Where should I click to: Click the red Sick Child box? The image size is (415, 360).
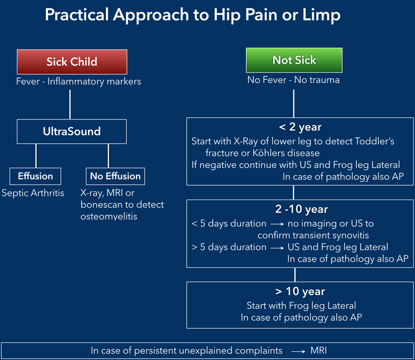(x=71, y=62)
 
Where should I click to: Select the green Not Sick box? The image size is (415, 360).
(x=294, y=60)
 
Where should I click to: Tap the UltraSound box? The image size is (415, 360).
(x=71, y=131)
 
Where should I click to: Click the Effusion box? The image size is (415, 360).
(x=36, y=176)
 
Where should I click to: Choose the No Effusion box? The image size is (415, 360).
(x=115, y=176)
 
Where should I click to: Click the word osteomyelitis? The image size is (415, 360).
(x=109, y=216)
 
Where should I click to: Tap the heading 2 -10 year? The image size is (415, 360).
(x=295, y=209)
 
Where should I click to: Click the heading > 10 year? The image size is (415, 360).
(x=295, y=291)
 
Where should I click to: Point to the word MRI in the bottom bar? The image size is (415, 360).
(x=319, y=351)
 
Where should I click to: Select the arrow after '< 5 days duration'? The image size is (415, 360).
(x=277, y=224)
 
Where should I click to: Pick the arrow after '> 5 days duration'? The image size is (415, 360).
(x=277, y=248)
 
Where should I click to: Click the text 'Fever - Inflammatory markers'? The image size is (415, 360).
(x=78, y=82)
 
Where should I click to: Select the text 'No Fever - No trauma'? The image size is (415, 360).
(x=293, y=80)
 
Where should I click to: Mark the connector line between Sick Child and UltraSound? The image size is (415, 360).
(x=70, y=104)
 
